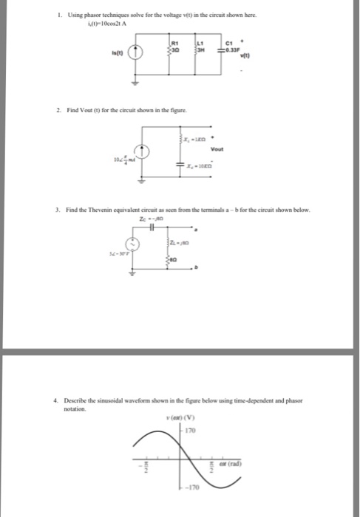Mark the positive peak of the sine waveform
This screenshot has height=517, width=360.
click(x=151, y=433)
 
